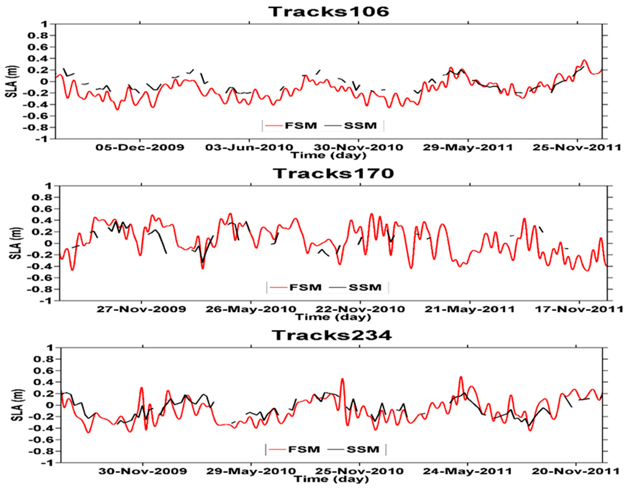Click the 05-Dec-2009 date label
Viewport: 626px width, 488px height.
140,148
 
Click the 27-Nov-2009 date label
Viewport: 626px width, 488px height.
141,309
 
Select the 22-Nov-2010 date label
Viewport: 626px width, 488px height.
360,309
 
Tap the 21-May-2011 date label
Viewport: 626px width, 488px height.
469,309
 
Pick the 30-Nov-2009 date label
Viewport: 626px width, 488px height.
143,471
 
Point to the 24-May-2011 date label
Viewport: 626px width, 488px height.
467,471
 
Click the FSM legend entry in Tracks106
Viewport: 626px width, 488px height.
301,126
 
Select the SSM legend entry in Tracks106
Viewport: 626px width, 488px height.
361,126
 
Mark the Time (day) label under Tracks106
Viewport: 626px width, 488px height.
329,155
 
